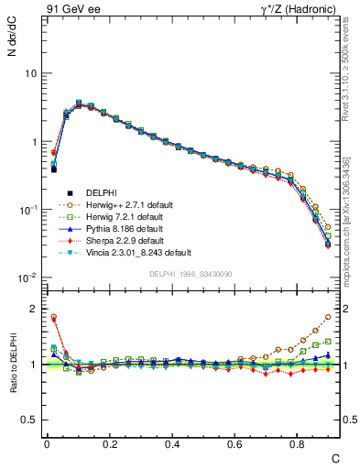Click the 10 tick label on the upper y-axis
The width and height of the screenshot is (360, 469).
pyautogui.click(x=29, y=73)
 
